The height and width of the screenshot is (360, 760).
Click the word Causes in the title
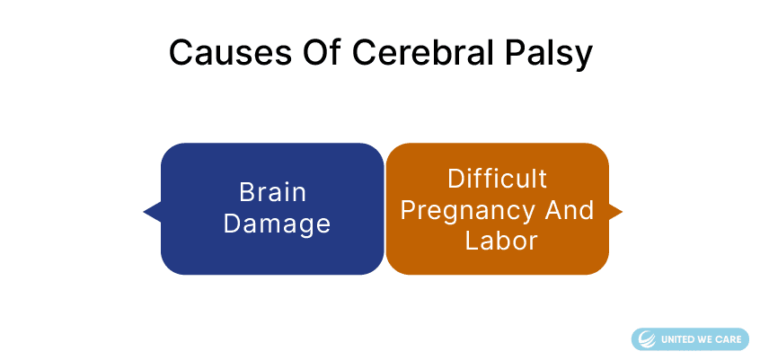coord(230,52)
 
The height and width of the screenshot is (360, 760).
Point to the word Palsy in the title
coord(548,55)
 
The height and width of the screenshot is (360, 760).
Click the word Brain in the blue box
coord(273,192)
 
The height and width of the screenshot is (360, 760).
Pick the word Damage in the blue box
coord(277,224)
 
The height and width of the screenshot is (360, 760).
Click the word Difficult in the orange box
coord(497,179)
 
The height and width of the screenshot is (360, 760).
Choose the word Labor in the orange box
coord(501,241)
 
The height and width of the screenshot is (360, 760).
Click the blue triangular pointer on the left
coord(152,212)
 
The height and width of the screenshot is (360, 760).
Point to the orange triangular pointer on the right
coord(615,211)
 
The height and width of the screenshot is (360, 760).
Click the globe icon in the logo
coord(647,339)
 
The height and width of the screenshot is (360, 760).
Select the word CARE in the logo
coord(729,339)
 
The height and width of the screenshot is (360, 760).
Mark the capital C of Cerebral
coord(365,52)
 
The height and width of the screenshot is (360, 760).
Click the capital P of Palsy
coord(516,52)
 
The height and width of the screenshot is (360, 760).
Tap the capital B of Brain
coord(247,192)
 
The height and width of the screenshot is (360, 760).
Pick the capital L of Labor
coord(472,241)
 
